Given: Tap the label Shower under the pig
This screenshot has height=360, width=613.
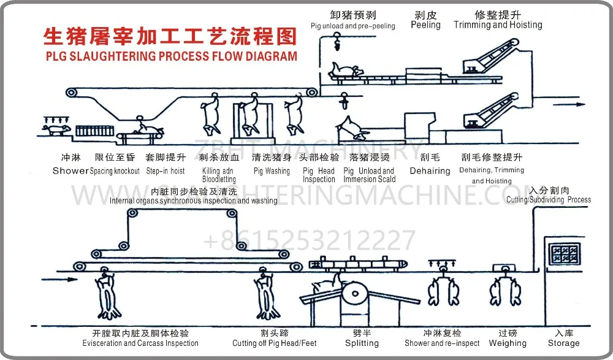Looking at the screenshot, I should [70, 171].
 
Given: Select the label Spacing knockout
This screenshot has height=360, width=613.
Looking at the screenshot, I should [115, 171].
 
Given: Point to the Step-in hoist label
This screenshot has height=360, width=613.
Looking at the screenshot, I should [166, 171].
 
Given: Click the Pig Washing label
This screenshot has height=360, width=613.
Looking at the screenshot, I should [272, 171].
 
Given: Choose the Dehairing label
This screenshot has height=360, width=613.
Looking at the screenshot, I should [430, 171].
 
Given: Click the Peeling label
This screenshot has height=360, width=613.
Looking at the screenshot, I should [425, 25].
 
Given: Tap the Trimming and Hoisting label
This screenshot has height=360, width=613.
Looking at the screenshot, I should [498, 25].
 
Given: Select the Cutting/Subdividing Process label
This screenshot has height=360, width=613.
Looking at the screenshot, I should [549, 199].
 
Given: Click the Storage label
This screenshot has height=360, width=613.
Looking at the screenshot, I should [563, 343].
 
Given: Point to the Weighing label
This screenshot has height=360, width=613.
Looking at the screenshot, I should [508, 343].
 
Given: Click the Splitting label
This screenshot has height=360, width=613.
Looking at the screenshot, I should [362, 343].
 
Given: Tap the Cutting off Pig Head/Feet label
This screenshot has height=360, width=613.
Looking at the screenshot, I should [275, 343].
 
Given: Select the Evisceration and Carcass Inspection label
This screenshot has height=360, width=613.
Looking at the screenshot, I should [140, 343].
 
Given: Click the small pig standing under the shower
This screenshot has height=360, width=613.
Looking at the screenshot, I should [56, 130].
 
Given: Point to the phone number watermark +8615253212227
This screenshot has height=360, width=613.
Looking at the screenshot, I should [310, 240].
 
